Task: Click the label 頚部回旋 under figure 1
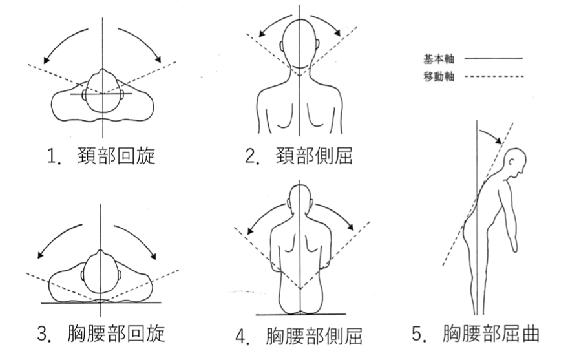116,156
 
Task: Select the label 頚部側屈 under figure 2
314,156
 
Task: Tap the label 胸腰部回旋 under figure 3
116,334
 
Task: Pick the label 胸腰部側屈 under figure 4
314,336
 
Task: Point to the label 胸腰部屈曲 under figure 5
491,334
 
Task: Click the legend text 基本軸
439,59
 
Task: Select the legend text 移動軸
439,76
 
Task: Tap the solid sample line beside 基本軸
493,58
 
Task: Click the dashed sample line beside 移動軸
494,76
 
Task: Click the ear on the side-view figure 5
512,162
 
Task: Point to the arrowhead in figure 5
498,140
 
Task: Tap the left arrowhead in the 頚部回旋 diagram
46,59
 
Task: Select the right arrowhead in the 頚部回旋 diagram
158,59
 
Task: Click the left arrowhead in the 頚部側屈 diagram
262,34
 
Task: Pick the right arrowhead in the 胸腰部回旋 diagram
153,256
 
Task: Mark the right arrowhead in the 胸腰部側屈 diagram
350,227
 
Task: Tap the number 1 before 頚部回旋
52,156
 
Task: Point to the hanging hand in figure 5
514,245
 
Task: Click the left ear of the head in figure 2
282,46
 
